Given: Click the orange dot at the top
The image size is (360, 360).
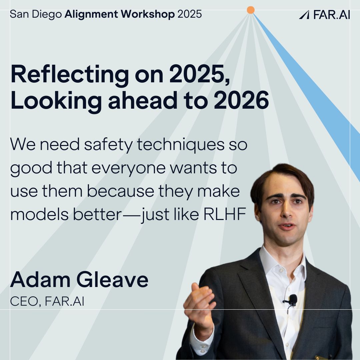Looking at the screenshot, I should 251,10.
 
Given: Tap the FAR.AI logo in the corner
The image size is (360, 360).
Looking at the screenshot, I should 324,15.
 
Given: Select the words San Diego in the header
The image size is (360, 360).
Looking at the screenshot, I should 36,14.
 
